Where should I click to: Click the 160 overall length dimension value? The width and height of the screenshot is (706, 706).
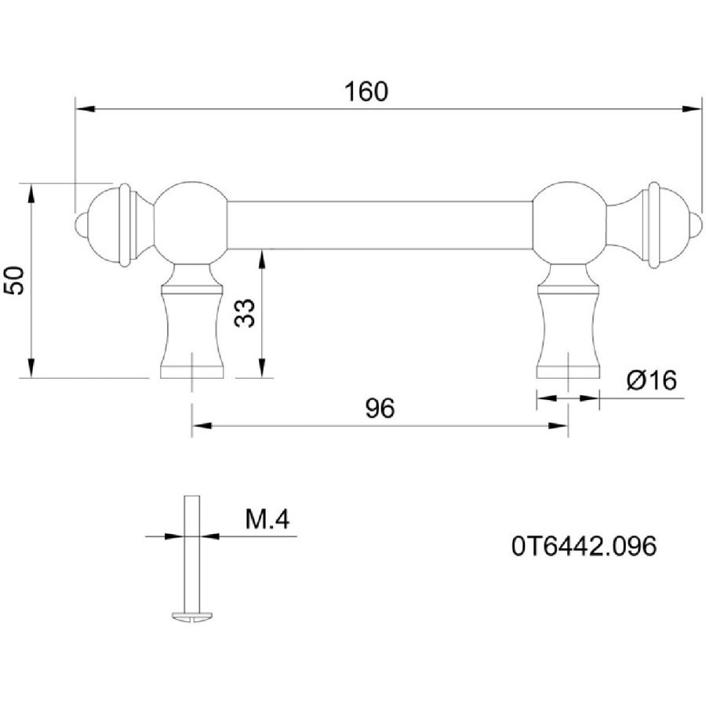tap(366, 92)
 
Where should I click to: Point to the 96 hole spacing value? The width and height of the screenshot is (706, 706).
tap(380, 408)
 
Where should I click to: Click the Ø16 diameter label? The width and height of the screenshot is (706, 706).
tap(651, 381)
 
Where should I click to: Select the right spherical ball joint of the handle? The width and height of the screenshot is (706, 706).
tap(569, 221)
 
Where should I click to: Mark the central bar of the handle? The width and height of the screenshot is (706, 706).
tap(380, 224)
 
